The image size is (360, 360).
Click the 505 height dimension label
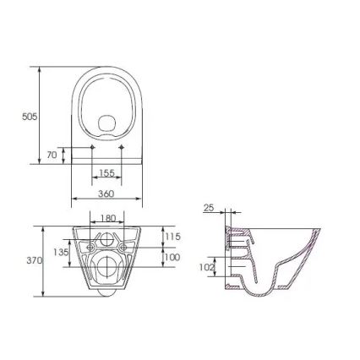click(28, 117)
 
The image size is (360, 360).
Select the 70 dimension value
click(52, 155)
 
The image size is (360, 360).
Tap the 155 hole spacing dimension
click(107, 172)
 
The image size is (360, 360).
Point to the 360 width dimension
click(107, 194)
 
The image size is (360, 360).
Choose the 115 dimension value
click(172, 237)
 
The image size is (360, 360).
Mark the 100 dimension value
click(172, 257)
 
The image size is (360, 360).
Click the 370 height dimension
click(33, 261)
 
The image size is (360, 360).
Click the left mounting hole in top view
click(91, 149)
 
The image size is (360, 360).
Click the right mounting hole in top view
click(123, 149)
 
